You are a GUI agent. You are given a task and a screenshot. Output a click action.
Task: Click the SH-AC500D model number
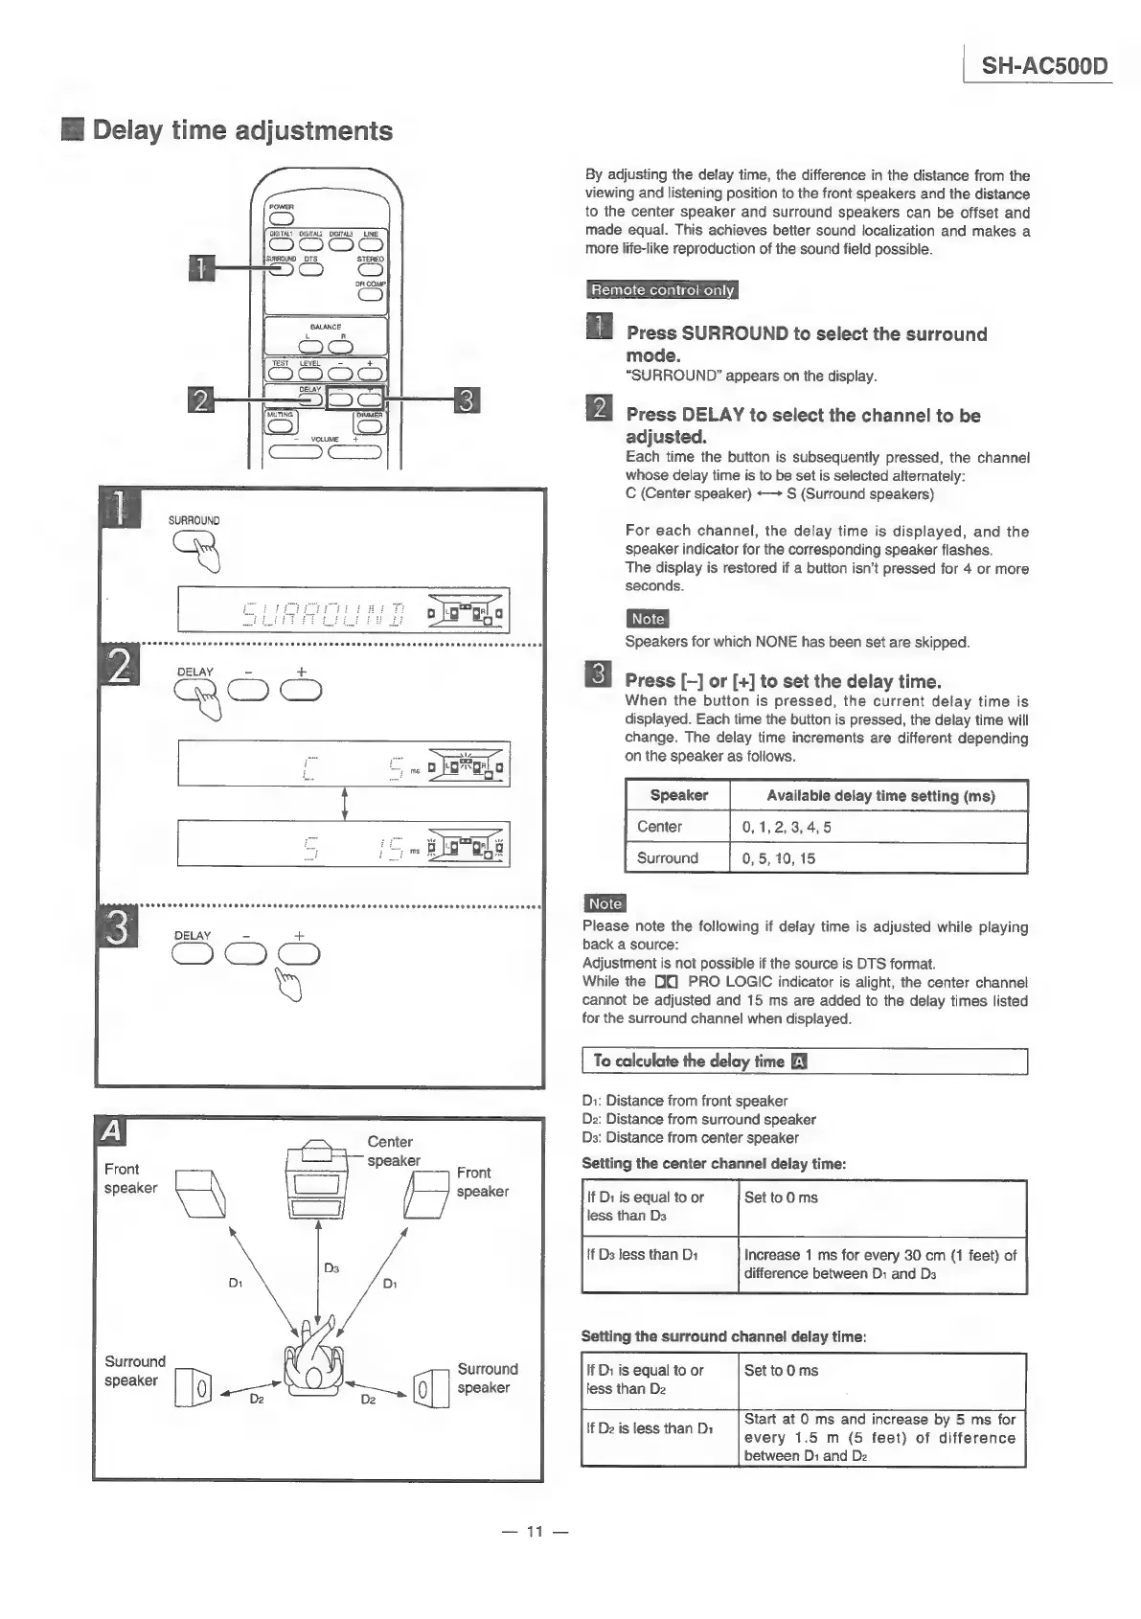(1044, 66)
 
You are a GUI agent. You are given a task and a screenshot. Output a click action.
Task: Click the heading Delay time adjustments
(241, 130)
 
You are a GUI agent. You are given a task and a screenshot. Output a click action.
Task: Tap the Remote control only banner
(662, 290)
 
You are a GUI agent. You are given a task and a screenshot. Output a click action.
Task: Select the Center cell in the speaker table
(660, 827)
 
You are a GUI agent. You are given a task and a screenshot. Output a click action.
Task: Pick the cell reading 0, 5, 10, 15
(779, 858)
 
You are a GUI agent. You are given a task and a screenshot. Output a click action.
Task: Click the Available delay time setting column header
(879, 796)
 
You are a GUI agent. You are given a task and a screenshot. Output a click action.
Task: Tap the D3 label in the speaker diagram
(331, 1268)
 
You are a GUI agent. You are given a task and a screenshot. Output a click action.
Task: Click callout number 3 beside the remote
(466, 399)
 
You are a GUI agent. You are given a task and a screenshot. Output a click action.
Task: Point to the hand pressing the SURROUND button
(202, 552)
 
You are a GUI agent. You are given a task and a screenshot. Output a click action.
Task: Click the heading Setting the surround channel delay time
(723, 1336)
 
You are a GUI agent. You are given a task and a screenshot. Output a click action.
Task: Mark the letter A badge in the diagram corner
(112, 1131)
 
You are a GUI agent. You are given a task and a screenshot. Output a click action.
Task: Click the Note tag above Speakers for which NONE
(647, 619)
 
